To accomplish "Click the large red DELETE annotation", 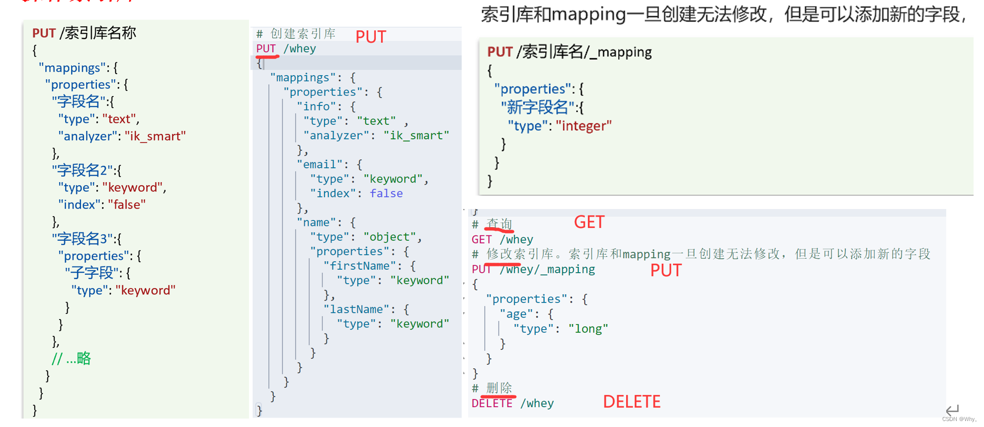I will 631,402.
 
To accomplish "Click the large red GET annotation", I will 589,222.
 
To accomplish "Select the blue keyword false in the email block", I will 386,194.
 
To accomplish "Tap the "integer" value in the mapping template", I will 583,126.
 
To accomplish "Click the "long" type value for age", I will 588,329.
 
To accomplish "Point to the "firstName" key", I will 359,266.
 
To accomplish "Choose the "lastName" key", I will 356,310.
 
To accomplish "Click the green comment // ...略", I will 71,358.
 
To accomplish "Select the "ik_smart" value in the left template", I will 155,136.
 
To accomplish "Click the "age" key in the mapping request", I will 516,314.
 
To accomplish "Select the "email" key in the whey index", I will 320,165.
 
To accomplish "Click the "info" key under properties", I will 316,107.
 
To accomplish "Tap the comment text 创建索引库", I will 303,34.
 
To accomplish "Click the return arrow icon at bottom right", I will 952,410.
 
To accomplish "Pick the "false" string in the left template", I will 127,205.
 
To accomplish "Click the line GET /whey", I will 502,239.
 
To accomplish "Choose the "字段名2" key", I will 82,171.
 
